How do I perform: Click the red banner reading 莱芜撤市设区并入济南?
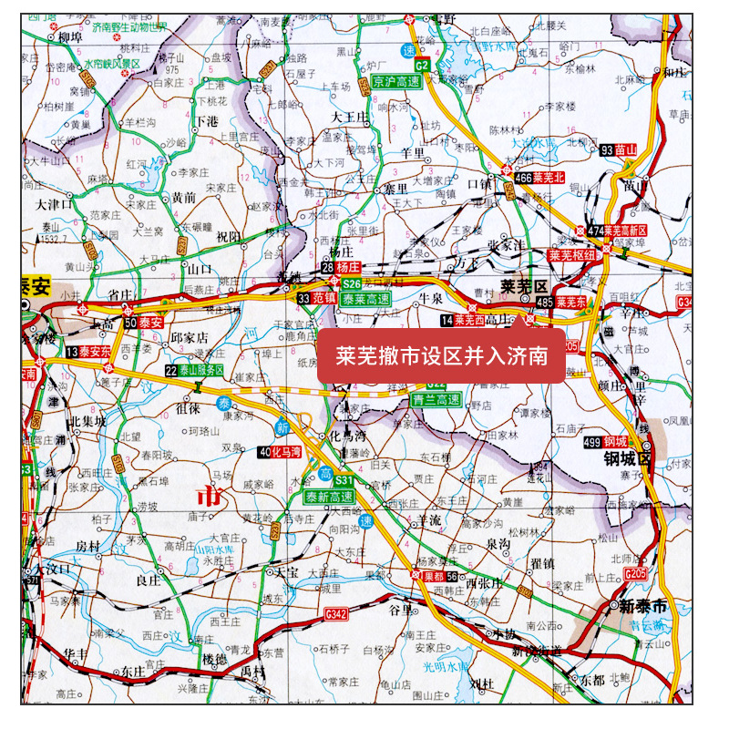coord(440,355)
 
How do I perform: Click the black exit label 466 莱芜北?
coord(540,177)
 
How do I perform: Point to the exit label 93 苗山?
coord(619,149)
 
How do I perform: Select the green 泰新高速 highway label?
coord(330,497)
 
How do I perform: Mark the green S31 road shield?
coord(344,480)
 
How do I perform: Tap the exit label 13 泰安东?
coord(87,352)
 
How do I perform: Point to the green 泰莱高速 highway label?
coord(366,298)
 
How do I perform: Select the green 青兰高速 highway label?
coord(436,399)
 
